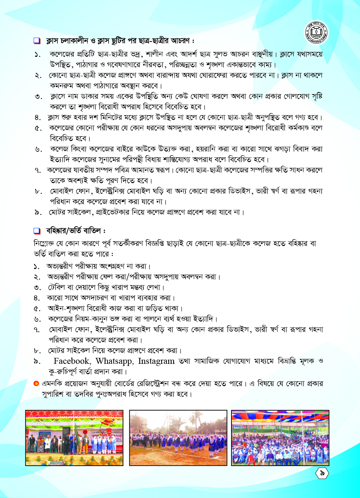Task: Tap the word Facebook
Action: pos(72,361)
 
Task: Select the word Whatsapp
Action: pos(114,361)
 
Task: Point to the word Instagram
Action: pos(156,361)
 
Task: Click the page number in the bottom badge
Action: pos(322,473)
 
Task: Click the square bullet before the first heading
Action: pos(37,41)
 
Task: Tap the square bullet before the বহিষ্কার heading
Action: pos(37,231)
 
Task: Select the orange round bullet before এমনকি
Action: pos(36,383)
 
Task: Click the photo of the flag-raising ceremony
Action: pos(74,438)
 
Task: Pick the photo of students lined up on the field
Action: pos(178,438)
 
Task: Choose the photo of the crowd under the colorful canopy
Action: pos(280,438)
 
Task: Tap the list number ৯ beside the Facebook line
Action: pos(37,361)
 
